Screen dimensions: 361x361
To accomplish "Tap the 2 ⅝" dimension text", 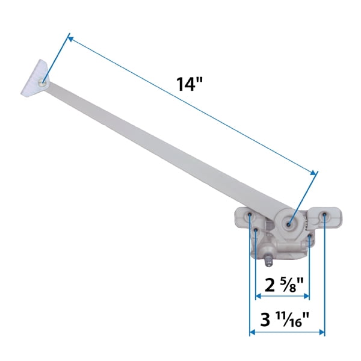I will pos(282,282).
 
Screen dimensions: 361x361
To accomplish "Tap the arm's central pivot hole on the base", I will pos(289,224).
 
